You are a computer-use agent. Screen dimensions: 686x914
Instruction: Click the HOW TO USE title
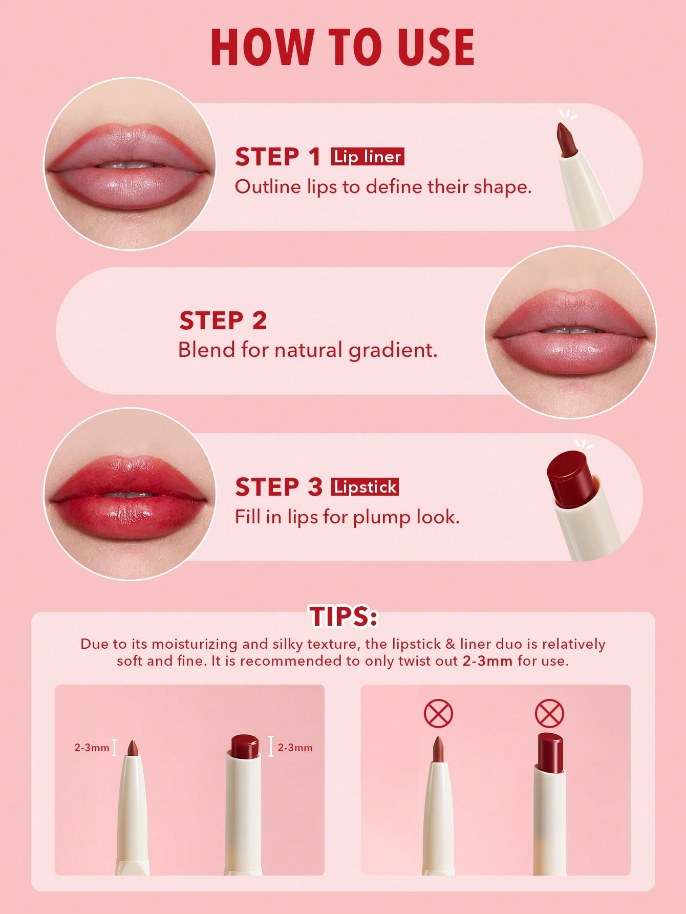[x=342, y=47]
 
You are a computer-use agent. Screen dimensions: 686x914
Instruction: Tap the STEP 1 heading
[x=277, y=157]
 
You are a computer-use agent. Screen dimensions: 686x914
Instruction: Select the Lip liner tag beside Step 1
[x=368, y=156]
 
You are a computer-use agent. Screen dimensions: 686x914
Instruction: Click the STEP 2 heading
[x=223, y=321]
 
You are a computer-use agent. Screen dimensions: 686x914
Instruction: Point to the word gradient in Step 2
[x=393, y=350]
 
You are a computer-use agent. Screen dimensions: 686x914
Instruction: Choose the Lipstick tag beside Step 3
[x=365, y=486]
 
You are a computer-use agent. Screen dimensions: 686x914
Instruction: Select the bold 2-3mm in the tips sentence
[x=487, y=661]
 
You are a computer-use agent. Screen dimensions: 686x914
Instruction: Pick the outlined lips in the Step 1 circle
[x=128, y=164]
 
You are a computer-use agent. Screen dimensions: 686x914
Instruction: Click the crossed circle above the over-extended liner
[x=438, y=713]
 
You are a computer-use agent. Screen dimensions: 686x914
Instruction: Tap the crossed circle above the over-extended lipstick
[x=549, y=713]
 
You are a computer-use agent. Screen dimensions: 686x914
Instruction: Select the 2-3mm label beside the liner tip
[x=92, y=748]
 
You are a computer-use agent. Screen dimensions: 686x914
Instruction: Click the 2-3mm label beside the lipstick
[x=295, y=748]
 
